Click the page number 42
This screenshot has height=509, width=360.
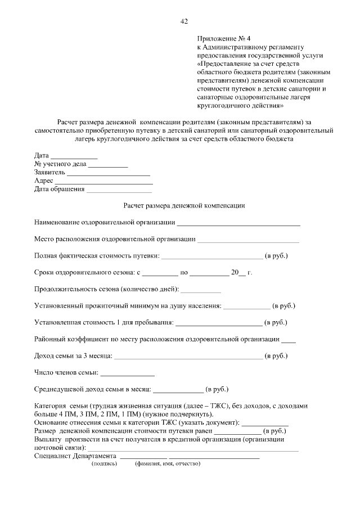tap(183, 21)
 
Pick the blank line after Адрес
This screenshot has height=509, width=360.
tap(103, 182)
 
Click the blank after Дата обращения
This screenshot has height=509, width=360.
tap(119, 191)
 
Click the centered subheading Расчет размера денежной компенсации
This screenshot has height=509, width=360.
tap(184, 206)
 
